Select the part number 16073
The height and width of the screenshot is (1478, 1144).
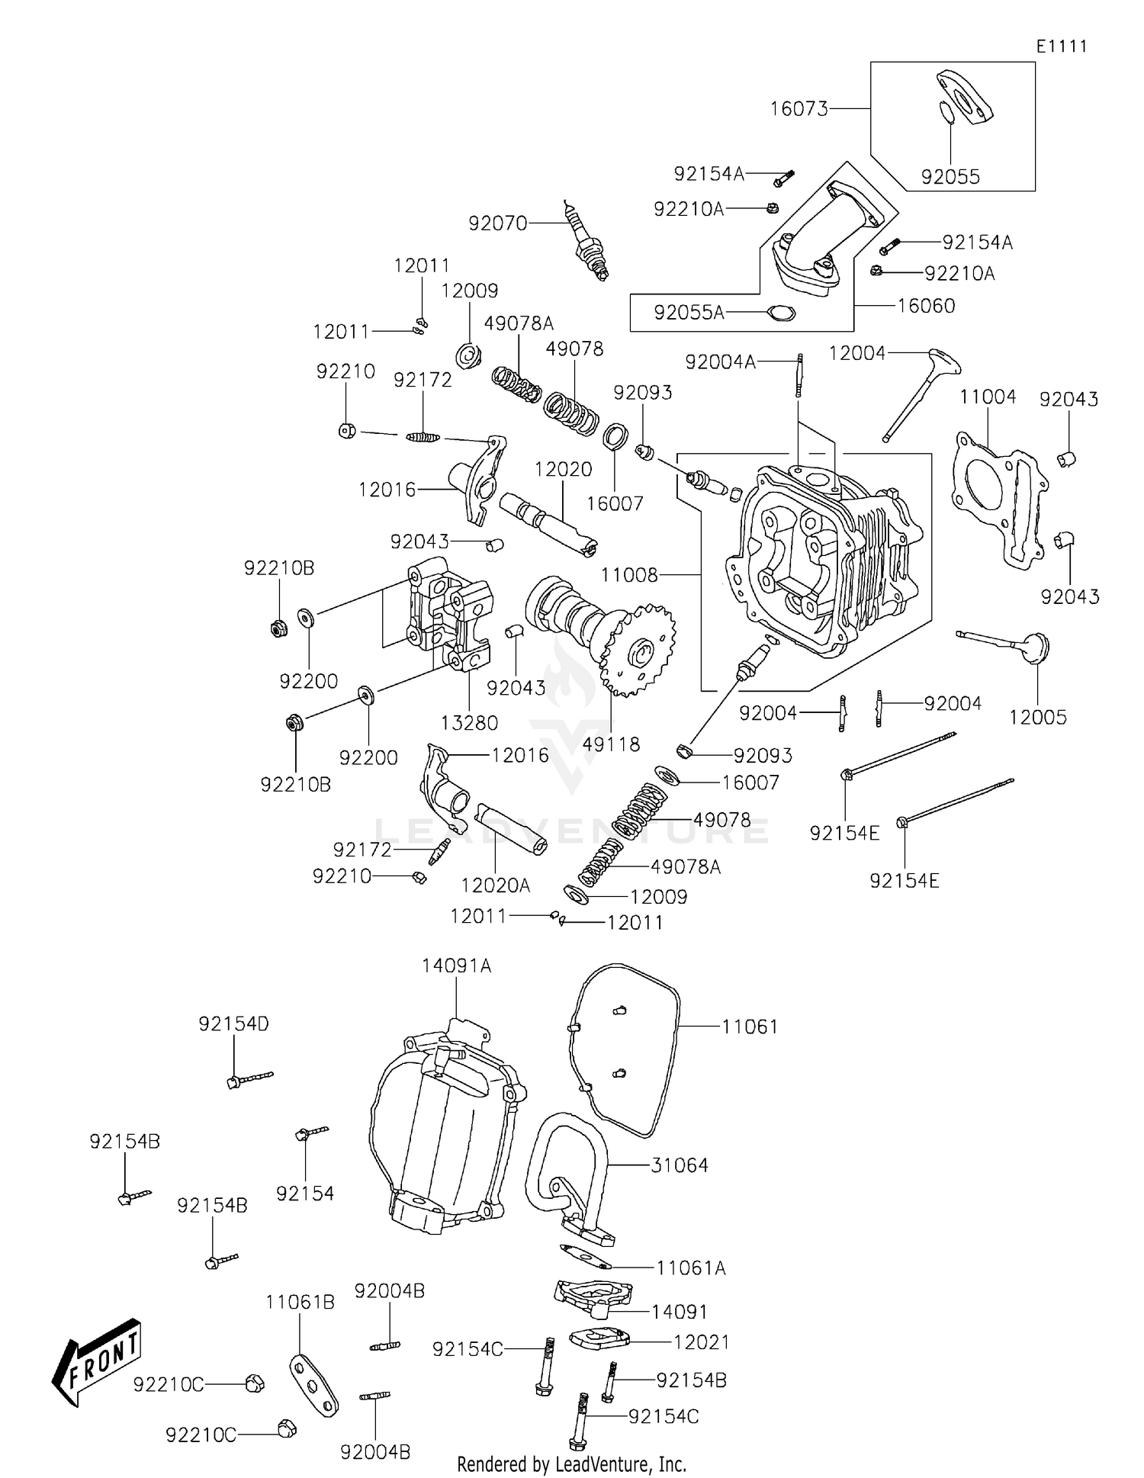click(799, 109)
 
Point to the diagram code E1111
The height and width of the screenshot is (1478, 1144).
click(1061, 47)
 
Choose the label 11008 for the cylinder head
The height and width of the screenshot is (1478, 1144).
click(629, 575)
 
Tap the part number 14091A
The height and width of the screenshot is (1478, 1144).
click(456, 966)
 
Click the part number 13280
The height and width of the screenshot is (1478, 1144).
click(469, 722)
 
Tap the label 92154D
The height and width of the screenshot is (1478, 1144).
click(233, 1023)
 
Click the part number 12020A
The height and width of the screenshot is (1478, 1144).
click(495, 885)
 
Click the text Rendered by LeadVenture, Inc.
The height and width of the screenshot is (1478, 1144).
click(571, 1464)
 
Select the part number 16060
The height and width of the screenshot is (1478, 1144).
click(925, 306)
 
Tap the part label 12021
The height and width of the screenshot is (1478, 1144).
click(701, 1341)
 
